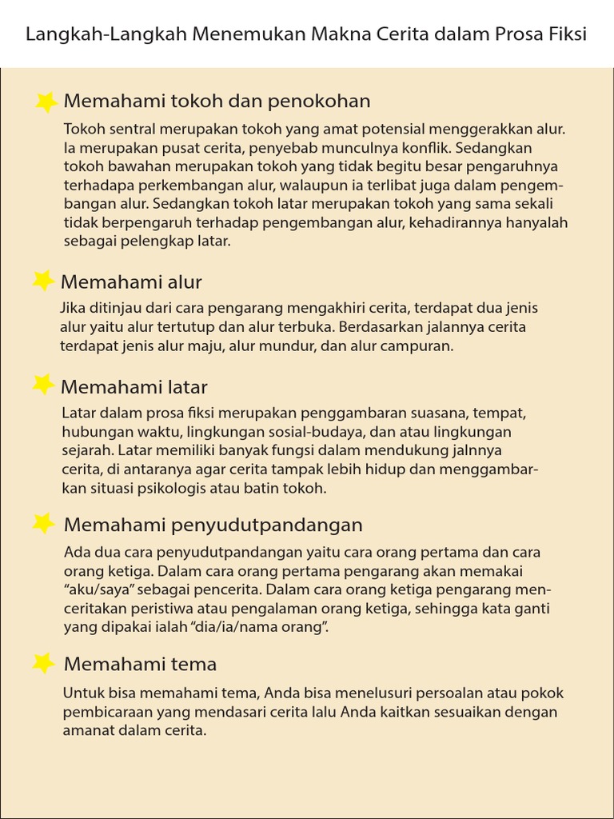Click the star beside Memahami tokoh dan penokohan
(46, 102)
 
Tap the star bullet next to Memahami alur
(43, 281)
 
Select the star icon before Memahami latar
(43, 386)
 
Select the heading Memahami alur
(131, 282)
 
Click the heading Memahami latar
(134, 388)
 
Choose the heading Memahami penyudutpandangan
(213, 525)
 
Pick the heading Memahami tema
(140, 665)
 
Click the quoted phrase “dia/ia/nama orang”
(254, 627)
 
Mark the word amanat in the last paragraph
(87, 730)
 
